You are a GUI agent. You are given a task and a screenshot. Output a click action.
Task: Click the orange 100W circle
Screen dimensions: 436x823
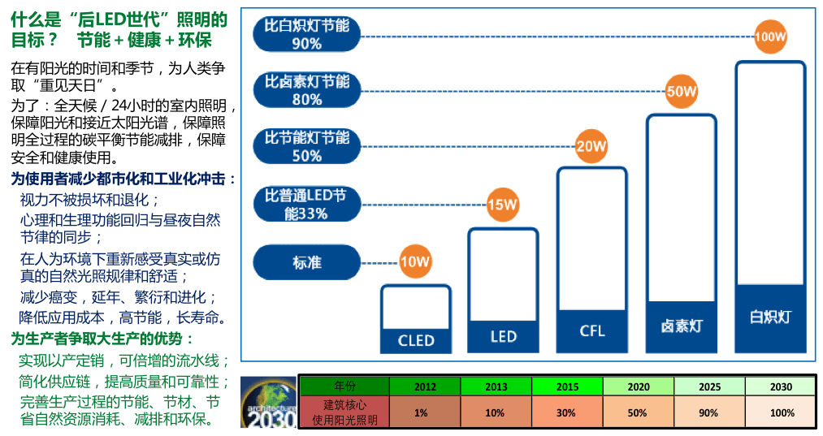pyautogui.click(x=771, y=37)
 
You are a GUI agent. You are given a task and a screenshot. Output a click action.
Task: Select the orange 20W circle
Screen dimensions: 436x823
pyautogui.click(x=591, y=147)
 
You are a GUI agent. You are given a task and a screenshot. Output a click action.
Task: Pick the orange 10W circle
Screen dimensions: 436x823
pyautogui.click(x=414, y=262)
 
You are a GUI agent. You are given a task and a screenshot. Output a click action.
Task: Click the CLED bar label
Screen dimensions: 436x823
pyautogui.click(x=416, y=340)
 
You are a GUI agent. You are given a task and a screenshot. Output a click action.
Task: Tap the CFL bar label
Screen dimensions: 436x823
pyautogui.click(x=592, y=331)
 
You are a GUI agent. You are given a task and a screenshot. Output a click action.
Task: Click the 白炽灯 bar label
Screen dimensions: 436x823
pyautogui.click(x=770, y=317)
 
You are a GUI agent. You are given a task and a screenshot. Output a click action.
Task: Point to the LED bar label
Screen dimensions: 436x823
pyautogui.click(x=504, y=336)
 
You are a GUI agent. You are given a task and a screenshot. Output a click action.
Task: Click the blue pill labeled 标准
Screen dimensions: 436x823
pyautogui.click(x=307, y=263)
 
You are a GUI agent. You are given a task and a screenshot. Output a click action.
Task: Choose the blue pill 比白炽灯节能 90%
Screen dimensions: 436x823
pyautogui.click(x=307, y=34)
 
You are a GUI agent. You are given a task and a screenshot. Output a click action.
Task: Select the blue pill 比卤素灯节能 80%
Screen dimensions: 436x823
pyautogui.click(x=307, y=90)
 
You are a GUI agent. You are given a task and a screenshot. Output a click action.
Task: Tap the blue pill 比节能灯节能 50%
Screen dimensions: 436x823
pyautogui.click(x=307, y=146)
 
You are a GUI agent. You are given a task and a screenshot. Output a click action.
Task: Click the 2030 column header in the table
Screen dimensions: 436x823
pyautogui.click(x=780, y=386)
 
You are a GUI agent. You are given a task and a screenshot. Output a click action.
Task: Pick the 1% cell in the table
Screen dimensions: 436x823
pyautogui.click(x=420, y=412)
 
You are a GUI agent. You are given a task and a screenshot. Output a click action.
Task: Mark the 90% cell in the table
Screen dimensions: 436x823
pyautogui.click(x=708, y=412)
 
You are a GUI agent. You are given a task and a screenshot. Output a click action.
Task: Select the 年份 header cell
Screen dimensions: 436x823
pyautogui.click(x=344, y=386)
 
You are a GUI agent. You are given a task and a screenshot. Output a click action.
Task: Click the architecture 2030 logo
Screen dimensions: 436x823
pyautogui.click(x=268, y=404)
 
